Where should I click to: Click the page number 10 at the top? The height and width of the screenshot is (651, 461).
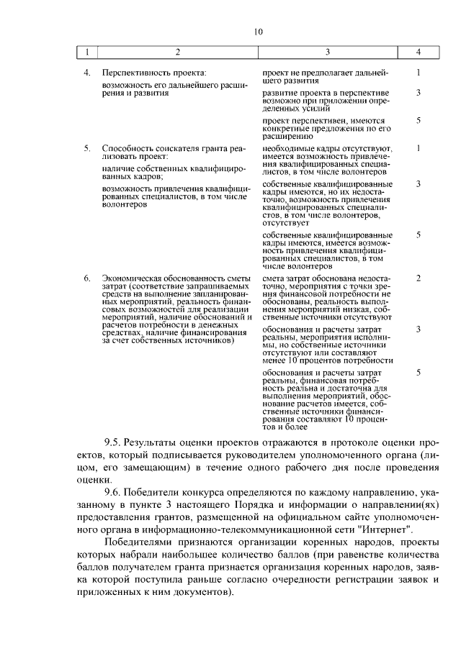tap(259, 31)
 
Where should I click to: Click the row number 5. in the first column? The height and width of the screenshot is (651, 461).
tap(86, 148)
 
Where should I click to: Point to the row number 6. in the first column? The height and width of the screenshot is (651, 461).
tap(86, 278)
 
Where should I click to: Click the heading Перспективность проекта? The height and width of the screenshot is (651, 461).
tap(154, 73)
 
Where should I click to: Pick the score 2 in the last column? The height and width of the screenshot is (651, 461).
tap(419, 278)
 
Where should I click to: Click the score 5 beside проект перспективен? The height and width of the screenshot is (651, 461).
tap(419, 120)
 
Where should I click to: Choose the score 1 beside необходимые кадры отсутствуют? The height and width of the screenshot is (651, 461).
tap(419, 148)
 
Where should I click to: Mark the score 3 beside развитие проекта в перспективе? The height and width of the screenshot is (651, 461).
tap(419, 93)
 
